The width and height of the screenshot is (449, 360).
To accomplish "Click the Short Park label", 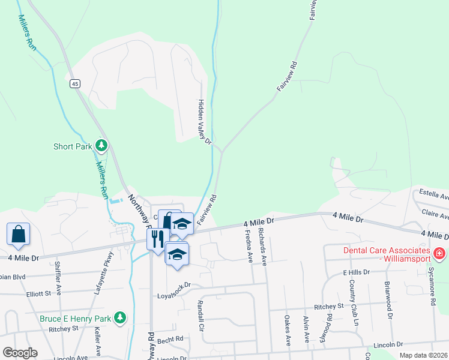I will [x=71, y=146].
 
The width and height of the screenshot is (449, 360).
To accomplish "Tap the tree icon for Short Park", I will [x=101, y=145].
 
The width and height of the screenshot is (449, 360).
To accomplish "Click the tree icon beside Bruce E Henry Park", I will [x=121, y=317].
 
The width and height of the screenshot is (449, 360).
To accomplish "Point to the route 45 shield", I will [x=74, y=84].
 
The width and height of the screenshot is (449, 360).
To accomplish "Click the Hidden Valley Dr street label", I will [x=205, y=122].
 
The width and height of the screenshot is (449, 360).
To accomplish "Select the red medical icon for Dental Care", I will [x=439, y=254].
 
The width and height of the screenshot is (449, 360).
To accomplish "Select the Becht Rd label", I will [x=171, y=339].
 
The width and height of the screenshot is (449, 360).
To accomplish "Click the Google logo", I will [x=20, y=352].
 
